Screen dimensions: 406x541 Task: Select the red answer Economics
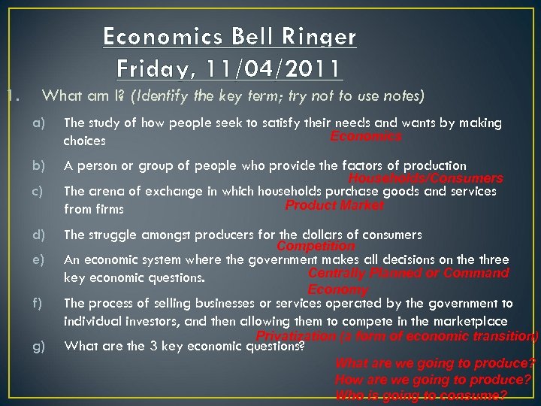pos(366,137)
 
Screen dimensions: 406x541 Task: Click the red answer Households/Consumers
pos(425,179)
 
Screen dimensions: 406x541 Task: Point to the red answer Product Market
pos(334,205)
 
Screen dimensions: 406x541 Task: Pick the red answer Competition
pos(316,246)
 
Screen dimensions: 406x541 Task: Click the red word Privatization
pos(296,336)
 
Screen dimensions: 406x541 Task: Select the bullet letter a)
pos(38,123)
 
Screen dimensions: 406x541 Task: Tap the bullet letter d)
pos(38,235)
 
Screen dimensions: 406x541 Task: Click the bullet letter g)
pos(38,346)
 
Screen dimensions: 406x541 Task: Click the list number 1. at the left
pos(8,95)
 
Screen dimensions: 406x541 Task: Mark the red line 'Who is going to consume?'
pos(421,395)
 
